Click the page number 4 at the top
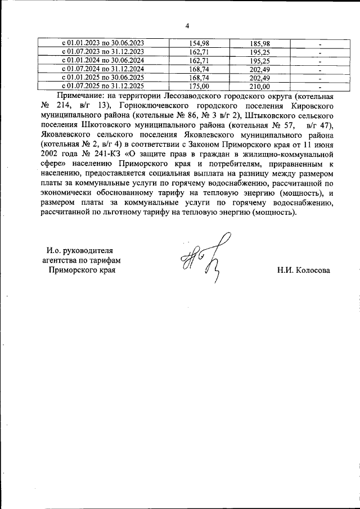pos(187,25)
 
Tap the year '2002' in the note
pos(51,154)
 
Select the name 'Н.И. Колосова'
pos(303,270)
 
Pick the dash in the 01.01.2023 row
pos(319,44)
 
